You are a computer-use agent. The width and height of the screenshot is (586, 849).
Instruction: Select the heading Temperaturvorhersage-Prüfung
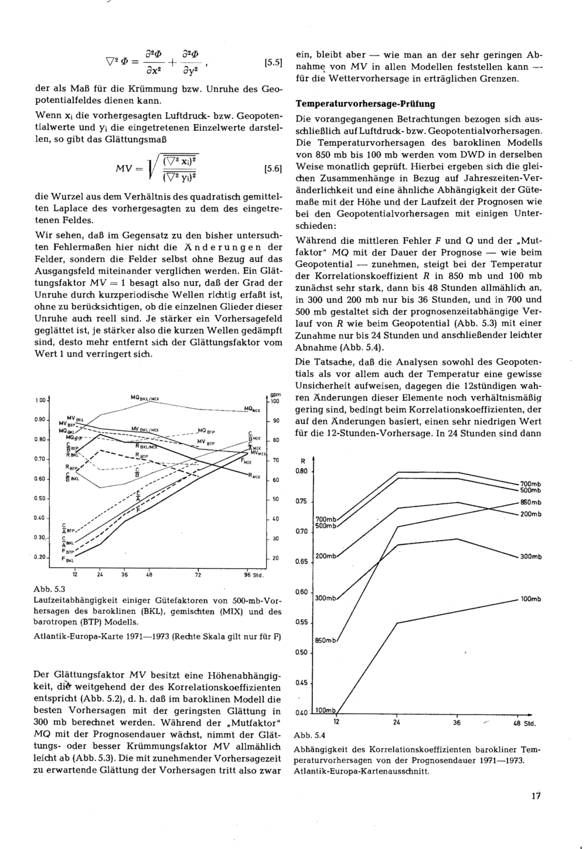click(366, 104)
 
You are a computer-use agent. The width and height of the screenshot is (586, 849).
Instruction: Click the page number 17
click(534, 796)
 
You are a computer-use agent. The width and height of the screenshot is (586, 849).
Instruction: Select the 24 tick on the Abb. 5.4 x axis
click(397, 722)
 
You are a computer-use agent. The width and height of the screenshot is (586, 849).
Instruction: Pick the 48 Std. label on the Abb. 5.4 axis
click(524, 723)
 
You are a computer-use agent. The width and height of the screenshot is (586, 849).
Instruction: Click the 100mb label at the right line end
click(530, 599)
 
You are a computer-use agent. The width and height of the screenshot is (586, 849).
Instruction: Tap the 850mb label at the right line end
click(530, 502)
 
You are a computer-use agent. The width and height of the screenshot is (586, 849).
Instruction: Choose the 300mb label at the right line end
click(530, 556)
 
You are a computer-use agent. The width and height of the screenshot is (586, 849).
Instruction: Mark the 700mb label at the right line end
click(530, 483)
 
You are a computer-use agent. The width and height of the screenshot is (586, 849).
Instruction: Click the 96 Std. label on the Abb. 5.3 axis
click(253, 575)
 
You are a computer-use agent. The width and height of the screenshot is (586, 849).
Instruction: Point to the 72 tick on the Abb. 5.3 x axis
click(198, 575)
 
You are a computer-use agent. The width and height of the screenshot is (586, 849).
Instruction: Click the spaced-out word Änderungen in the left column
click(233, 247)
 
